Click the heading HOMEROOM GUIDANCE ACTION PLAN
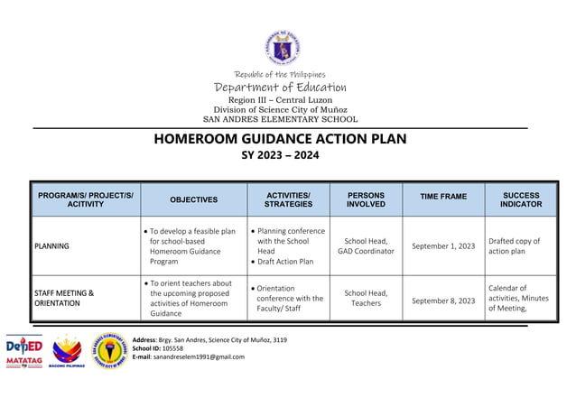(x=281, y=139)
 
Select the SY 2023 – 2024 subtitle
(x=281, y=156)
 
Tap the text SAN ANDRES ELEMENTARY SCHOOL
(x=280, y=119)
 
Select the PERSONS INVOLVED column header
(x=366, y=199)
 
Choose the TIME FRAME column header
(x=443, y=196)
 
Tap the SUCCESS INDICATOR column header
(x=521, y=199)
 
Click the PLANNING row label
(x=53, y=245)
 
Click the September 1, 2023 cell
(x=443, y=245)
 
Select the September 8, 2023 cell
(x=443, y=301)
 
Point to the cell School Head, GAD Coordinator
(x=366, y=245)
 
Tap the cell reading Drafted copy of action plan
(x=514, y=245)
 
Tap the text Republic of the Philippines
(x=280, y=74)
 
